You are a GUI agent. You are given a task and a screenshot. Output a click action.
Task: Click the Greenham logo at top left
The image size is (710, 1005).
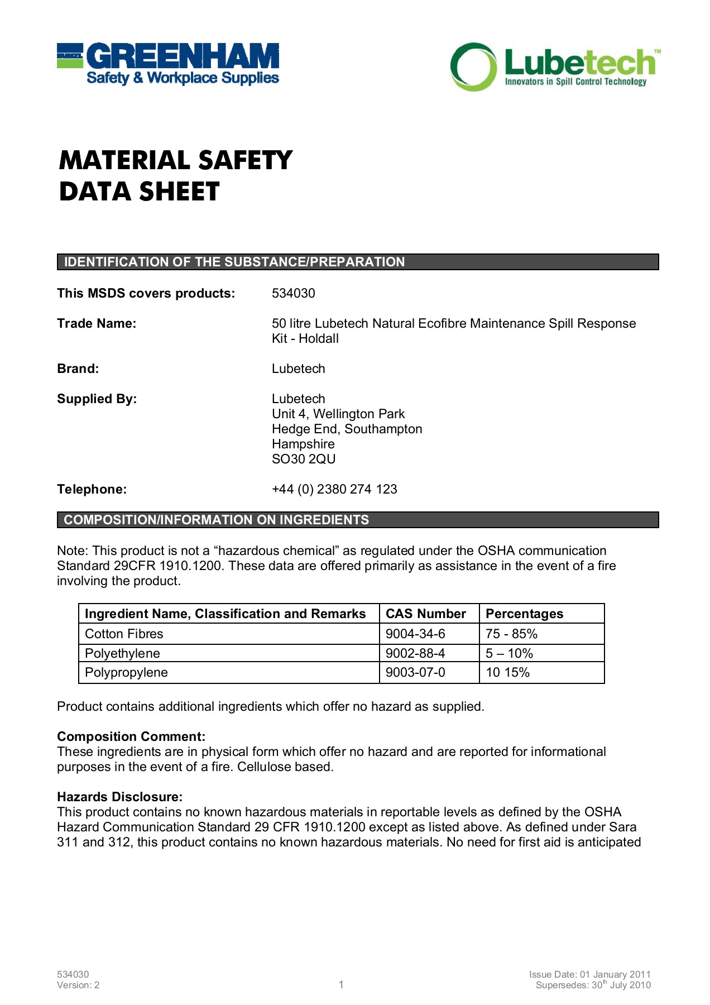click(x=167, y=64)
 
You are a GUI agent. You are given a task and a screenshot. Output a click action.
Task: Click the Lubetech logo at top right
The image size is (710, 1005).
click(x=555, y=67)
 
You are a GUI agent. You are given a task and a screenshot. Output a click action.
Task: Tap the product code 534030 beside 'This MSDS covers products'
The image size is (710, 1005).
click(x=293, y=293)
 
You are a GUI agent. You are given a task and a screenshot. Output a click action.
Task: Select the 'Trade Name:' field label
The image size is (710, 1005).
click(x=97, y=323)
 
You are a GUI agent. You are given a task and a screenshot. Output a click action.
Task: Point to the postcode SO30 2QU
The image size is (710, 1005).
click(x=304, y=459)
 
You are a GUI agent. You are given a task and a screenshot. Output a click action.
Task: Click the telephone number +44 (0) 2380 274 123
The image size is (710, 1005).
click(x=334, y=489)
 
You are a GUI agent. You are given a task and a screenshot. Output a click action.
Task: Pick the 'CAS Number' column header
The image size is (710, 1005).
click(x=425, y=614)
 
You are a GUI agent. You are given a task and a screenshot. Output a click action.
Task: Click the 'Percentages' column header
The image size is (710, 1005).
click(x=524, y=614)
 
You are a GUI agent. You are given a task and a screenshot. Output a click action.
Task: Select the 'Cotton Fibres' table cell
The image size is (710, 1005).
click(x=124, y=634)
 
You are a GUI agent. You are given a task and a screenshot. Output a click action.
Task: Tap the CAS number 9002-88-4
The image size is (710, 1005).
click(x=415, y=653)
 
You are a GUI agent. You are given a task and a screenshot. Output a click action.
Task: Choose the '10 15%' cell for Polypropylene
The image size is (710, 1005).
click(x=507, y=672)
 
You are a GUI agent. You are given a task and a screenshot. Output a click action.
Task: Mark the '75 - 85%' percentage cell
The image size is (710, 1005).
click(x=511, y=634)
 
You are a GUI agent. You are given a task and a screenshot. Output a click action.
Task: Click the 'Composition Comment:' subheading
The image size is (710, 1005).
click(x=131, y=736)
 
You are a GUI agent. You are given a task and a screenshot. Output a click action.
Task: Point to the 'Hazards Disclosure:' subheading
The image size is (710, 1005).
click(x=119, y=797)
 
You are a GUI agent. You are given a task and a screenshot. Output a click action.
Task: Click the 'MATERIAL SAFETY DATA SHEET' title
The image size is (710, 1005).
click(x=175, y=175)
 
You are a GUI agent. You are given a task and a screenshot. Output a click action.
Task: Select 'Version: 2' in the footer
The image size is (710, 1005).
click(x=78, y=985)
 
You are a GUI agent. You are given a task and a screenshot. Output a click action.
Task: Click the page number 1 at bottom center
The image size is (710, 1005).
click(x=341, y=984)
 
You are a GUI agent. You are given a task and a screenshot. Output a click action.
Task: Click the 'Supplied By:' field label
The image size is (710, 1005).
click(x=97, y=399)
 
